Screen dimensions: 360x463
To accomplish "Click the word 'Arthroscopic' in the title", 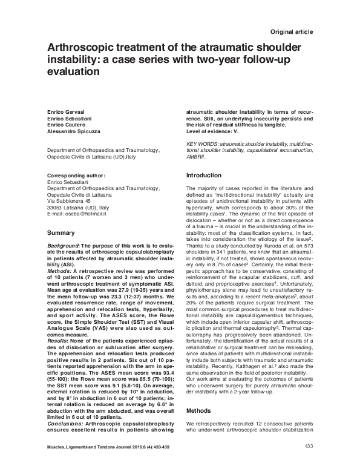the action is coord(82,49).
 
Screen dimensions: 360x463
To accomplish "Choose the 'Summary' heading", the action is coord(61,232).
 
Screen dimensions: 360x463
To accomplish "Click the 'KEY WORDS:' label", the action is coord(201,144).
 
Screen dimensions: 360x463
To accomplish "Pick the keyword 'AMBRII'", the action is coord(195,156).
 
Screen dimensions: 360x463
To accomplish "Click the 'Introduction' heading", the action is coord(205,175).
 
